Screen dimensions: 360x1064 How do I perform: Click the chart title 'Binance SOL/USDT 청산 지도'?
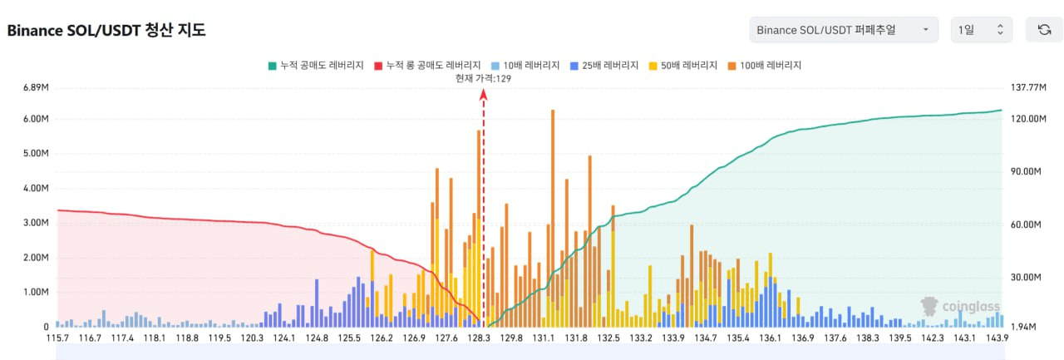[x=106, y=31]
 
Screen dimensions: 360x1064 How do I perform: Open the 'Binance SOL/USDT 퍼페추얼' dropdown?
[x=843, y=30]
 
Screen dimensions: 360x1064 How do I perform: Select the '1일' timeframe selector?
[x=982, y=30]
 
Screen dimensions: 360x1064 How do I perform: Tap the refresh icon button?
[x=1044, y=30]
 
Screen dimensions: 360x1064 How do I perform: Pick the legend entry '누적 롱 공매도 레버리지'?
[x=427, y=65]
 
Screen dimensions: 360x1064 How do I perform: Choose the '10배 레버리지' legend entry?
[x=525, y=65]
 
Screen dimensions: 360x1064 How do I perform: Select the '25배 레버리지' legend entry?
[x=604, y=65]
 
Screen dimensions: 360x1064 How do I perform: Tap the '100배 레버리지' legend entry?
[x=765, y=65]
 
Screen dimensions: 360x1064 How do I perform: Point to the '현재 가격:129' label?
[x=483, y=78]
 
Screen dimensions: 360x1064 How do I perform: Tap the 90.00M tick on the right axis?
[x=1024, y=171]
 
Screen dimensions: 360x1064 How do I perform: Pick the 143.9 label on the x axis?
[x=997, y=338]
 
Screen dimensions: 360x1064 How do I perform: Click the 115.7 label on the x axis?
[x=57, y=338]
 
